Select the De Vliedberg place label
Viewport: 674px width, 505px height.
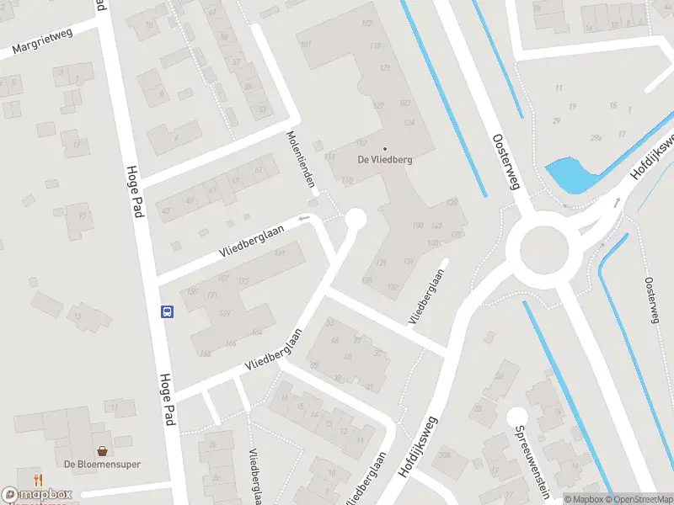385,160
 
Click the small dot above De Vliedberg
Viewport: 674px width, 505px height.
385,149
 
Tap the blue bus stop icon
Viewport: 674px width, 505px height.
167,311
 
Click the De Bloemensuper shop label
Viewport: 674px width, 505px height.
102,464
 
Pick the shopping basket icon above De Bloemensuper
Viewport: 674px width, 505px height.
102,451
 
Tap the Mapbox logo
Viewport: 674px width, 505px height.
37,495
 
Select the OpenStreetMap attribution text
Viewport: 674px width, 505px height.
639,499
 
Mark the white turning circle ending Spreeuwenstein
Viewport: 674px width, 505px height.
516,416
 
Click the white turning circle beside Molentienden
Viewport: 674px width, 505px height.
356,219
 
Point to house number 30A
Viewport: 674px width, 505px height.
443,455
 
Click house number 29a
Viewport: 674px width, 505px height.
596,137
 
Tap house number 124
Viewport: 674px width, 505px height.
409,123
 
